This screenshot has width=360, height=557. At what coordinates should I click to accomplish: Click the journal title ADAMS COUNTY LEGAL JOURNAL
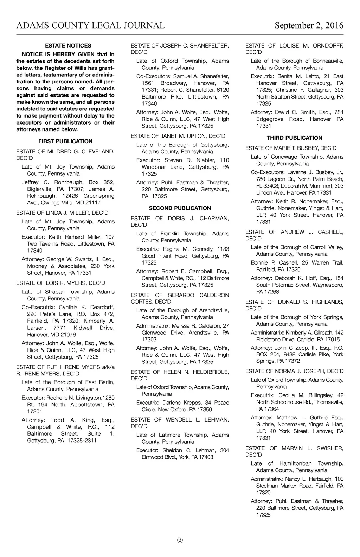coord(90,25)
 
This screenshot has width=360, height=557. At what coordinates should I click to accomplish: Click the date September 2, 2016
coord(309,25)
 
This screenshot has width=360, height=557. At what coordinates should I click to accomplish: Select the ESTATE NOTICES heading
coord(68,45)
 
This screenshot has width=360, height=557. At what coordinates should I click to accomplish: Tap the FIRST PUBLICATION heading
coord(65,141)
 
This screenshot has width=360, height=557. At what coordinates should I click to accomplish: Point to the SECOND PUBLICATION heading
coord(180,208)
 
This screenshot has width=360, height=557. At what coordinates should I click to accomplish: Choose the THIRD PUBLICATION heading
coord(294,138)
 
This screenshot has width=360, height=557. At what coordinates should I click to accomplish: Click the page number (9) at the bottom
coord(180,540)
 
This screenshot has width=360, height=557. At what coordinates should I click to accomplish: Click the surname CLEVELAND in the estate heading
coord(98,152)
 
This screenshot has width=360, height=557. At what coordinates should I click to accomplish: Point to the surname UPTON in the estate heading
coord(197,136)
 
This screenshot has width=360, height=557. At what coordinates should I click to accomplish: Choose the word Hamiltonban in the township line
coord(295,463)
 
